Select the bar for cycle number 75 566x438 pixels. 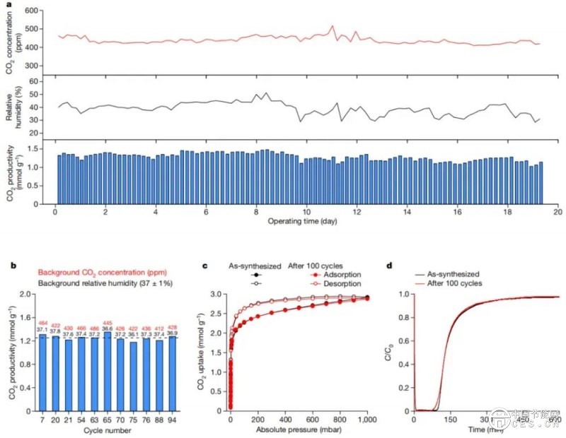click(x=134, y=376)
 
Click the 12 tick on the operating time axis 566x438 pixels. click(x=357, y=211)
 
